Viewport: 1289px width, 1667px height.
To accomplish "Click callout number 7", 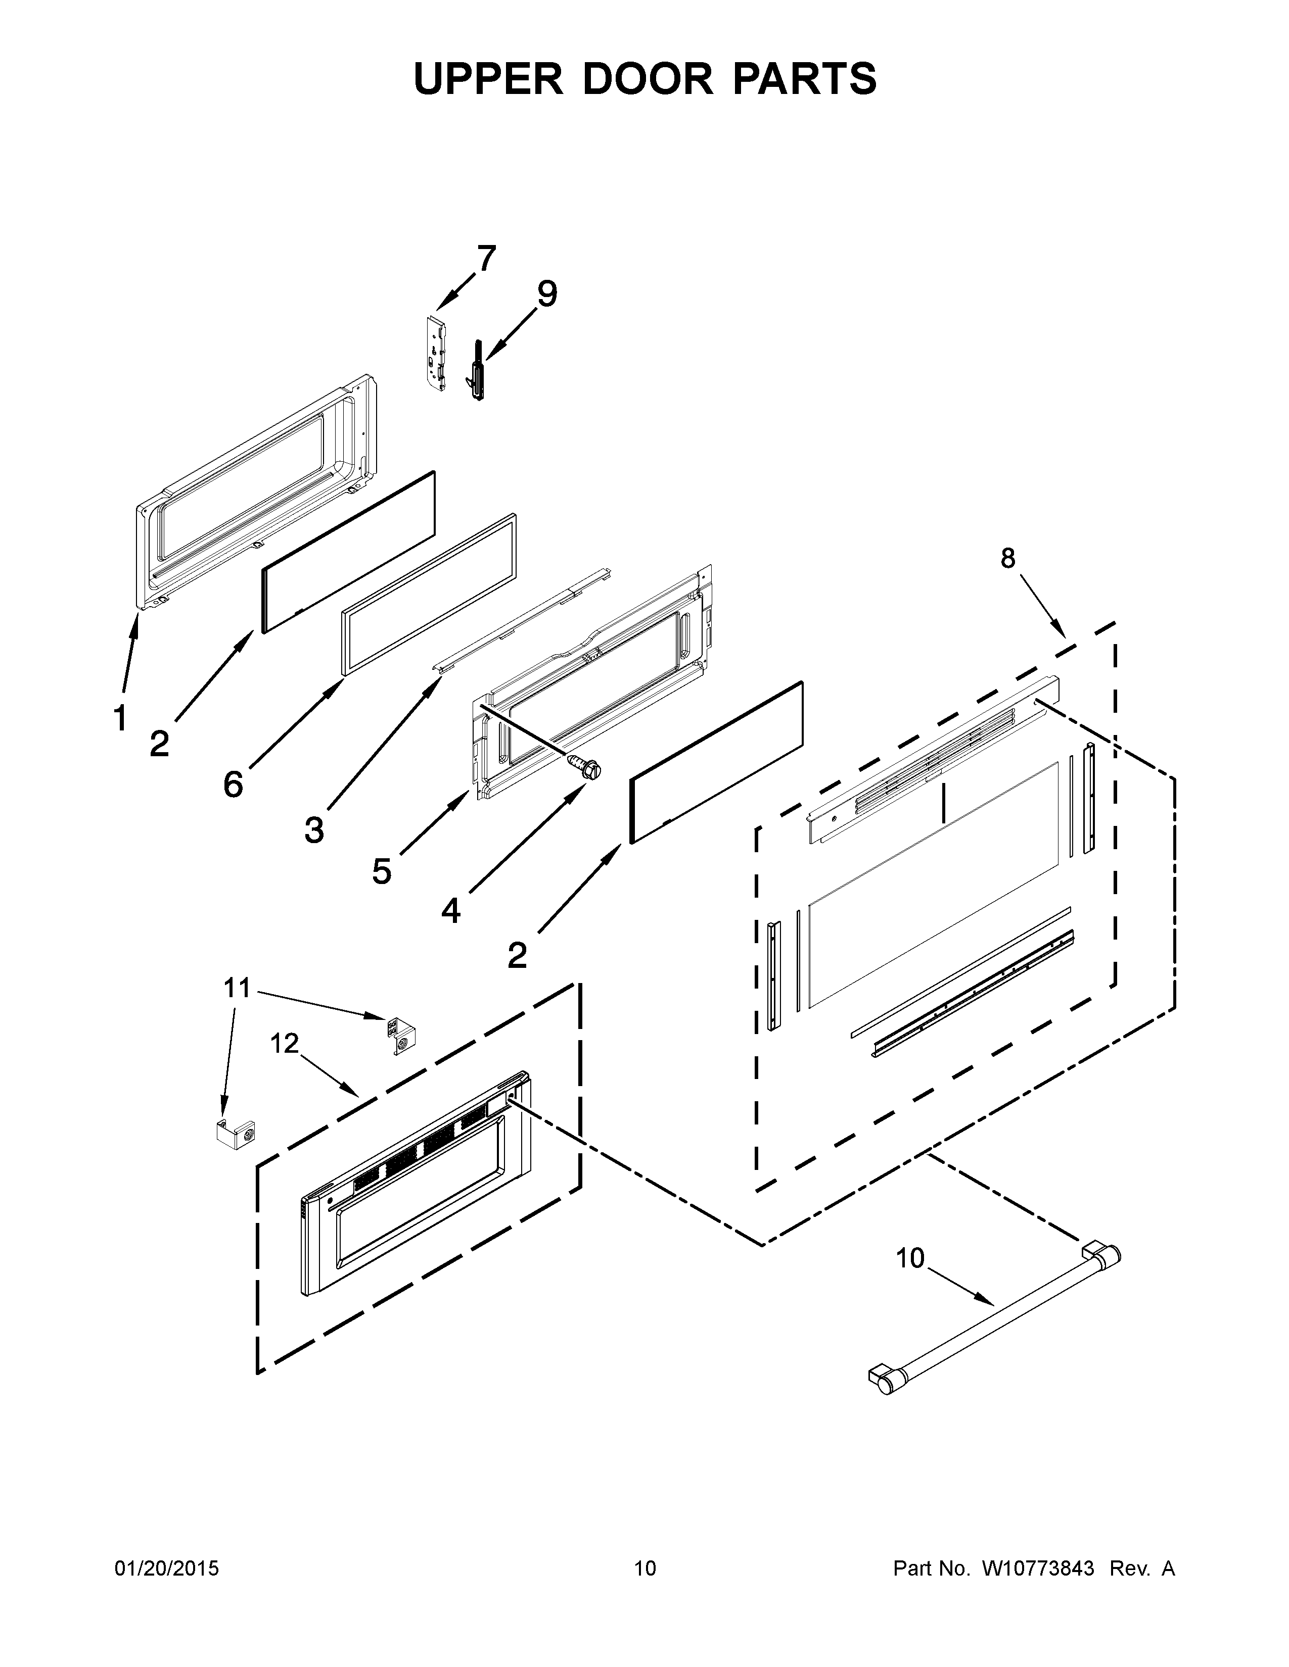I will [486, 259].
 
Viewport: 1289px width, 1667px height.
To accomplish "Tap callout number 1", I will [120, 717].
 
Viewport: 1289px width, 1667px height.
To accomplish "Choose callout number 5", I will [382, 871].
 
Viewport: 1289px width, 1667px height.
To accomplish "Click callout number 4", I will [450, 910].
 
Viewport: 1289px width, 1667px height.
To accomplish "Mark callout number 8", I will [1008, 559].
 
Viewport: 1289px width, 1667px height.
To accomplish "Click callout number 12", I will [284, 1043].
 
